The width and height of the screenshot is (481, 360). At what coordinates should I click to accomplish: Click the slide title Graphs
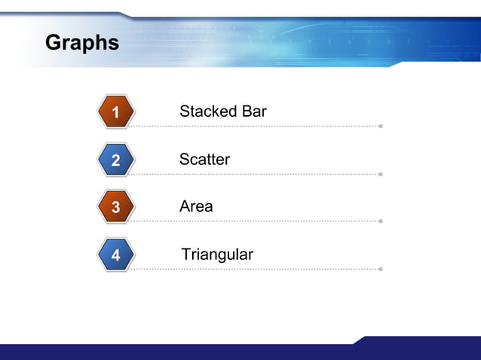82,43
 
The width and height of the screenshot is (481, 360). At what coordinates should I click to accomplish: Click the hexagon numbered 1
115,113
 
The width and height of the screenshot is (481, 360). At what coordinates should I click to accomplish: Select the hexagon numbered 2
115,160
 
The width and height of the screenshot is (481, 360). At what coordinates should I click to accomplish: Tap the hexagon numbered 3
115,207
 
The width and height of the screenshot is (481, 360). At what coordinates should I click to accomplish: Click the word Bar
254,111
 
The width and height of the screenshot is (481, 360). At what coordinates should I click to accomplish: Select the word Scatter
204,160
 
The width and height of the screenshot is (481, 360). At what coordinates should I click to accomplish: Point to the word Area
196,206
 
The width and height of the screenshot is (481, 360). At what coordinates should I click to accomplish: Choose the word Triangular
217,255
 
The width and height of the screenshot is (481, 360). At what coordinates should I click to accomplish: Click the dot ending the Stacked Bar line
381,127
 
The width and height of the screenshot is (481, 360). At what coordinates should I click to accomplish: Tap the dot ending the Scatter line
381,174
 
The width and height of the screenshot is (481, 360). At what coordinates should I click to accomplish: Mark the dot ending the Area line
381,221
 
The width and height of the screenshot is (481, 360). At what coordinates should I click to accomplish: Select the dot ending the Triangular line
381,269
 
